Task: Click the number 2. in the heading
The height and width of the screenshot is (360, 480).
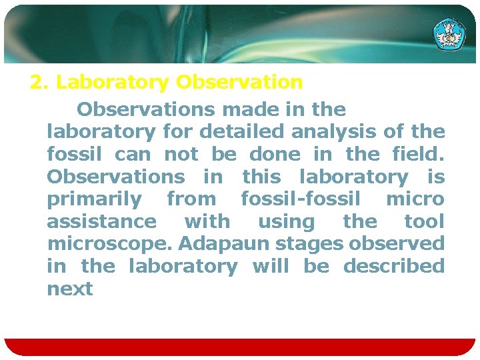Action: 40,83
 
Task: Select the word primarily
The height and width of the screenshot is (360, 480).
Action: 94,199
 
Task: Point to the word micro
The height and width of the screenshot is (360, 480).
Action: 415,199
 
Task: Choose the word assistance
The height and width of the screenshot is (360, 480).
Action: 101,222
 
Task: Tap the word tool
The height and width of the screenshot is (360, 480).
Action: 424,222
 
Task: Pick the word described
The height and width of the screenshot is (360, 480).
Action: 394,267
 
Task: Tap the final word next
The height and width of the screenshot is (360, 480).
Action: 70,289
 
